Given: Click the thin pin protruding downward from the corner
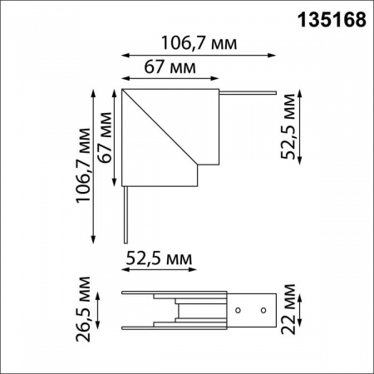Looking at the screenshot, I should [125, 211].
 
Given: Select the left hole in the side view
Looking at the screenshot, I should [238, 311].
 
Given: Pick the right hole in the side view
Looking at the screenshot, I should [263, 311].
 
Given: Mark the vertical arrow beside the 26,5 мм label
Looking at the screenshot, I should [101, 312].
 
